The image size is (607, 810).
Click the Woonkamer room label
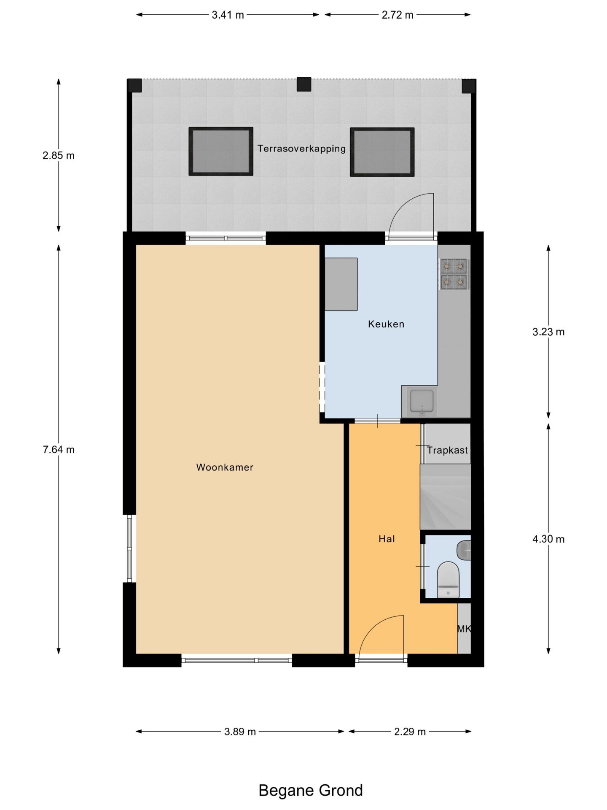(225, 467)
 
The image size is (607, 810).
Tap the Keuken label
(386, 324)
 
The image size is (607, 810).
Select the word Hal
(387, 539)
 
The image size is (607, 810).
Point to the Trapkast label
(447, 450)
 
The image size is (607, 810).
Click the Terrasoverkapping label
(301, 148)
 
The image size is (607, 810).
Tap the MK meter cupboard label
(464, 629)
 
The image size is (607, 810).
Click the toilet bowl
(448, 579)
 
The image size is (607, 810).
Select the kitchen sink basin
(422, 401)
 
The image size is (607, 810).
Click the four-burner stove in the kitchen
(454, 274)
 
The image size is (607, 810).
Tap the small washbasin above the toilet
(464, 550)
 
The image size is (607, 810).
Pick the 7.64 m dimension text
(59, 450)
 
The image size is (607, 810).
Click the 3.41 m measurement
(228, 15)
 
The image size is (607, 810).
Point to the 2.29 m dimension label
(410, 732)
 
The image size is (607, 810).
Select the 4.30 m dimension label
(548, 539)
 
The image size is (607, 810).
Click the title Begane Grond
(311, 790)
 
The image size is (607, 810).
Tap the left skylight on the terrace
(221, 151)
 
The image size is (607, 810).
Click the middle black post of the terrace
(304, 84)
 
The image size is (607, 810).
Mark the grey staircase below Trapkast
(445, 497)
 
